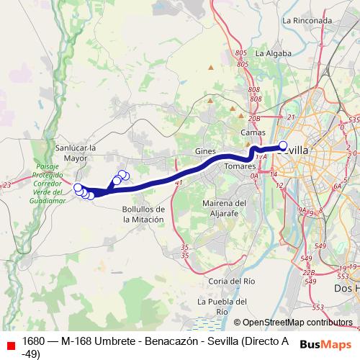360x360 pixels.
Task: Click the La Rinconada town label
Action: click(307, 20)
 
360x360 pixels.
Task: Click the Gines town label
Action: click(205, 151)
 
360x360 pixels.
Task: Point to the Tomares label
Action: click(240, 166)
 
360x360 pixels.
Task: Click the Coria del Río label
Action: click(230, 280)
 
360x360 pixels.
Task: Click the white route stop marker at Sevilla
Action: click(283, 144)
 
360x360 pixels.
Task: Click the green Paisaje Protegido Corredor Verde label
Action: click(50, 183)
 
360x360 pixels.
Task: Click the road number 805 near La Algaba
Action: click(240, 54)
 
